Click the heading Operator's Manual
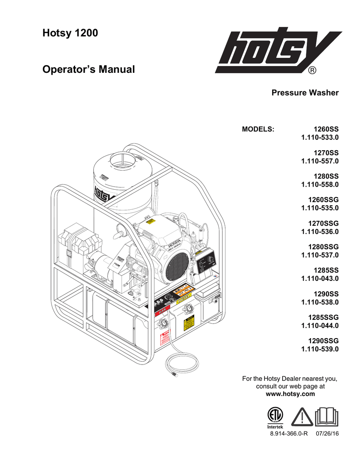point(88,70)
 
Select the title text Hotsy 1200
point(70,33)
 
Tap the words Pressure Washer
point(305,93)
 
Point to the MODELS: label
point(258,129)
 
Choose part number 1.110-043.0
point(320,278)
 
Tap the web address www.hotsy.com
point(290,394)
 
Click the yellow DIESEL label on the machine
point(184,301)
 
